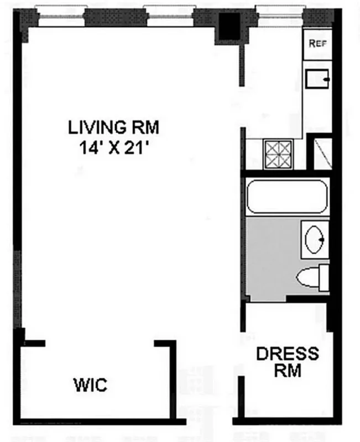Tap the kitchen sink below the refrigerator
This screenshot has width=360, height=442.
317,79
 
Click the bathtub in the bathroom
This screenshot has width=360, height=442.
287,196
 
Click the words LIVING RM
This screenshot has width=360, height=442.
113,128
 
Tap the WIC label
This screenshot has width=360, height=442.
90,384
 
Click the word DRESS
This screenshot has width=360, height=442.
287,354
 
